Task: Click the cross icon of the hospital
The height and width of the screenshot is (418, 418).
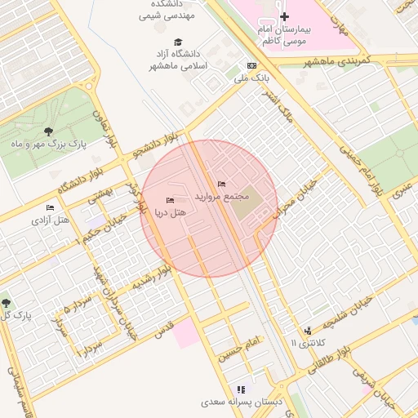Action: (x=284, y=17)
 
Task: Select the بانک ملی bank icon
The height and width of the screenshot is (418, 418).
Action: (x=251, y=66)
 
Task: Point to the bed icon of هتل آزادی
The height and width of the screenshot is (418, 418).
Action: (x=51, y=207)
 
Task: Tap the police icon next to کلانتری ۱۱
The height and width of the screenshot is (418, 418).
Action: (x=308, y=331)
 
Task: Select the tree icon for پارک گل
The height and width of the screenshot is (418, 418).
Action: (x=7, y=303)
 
